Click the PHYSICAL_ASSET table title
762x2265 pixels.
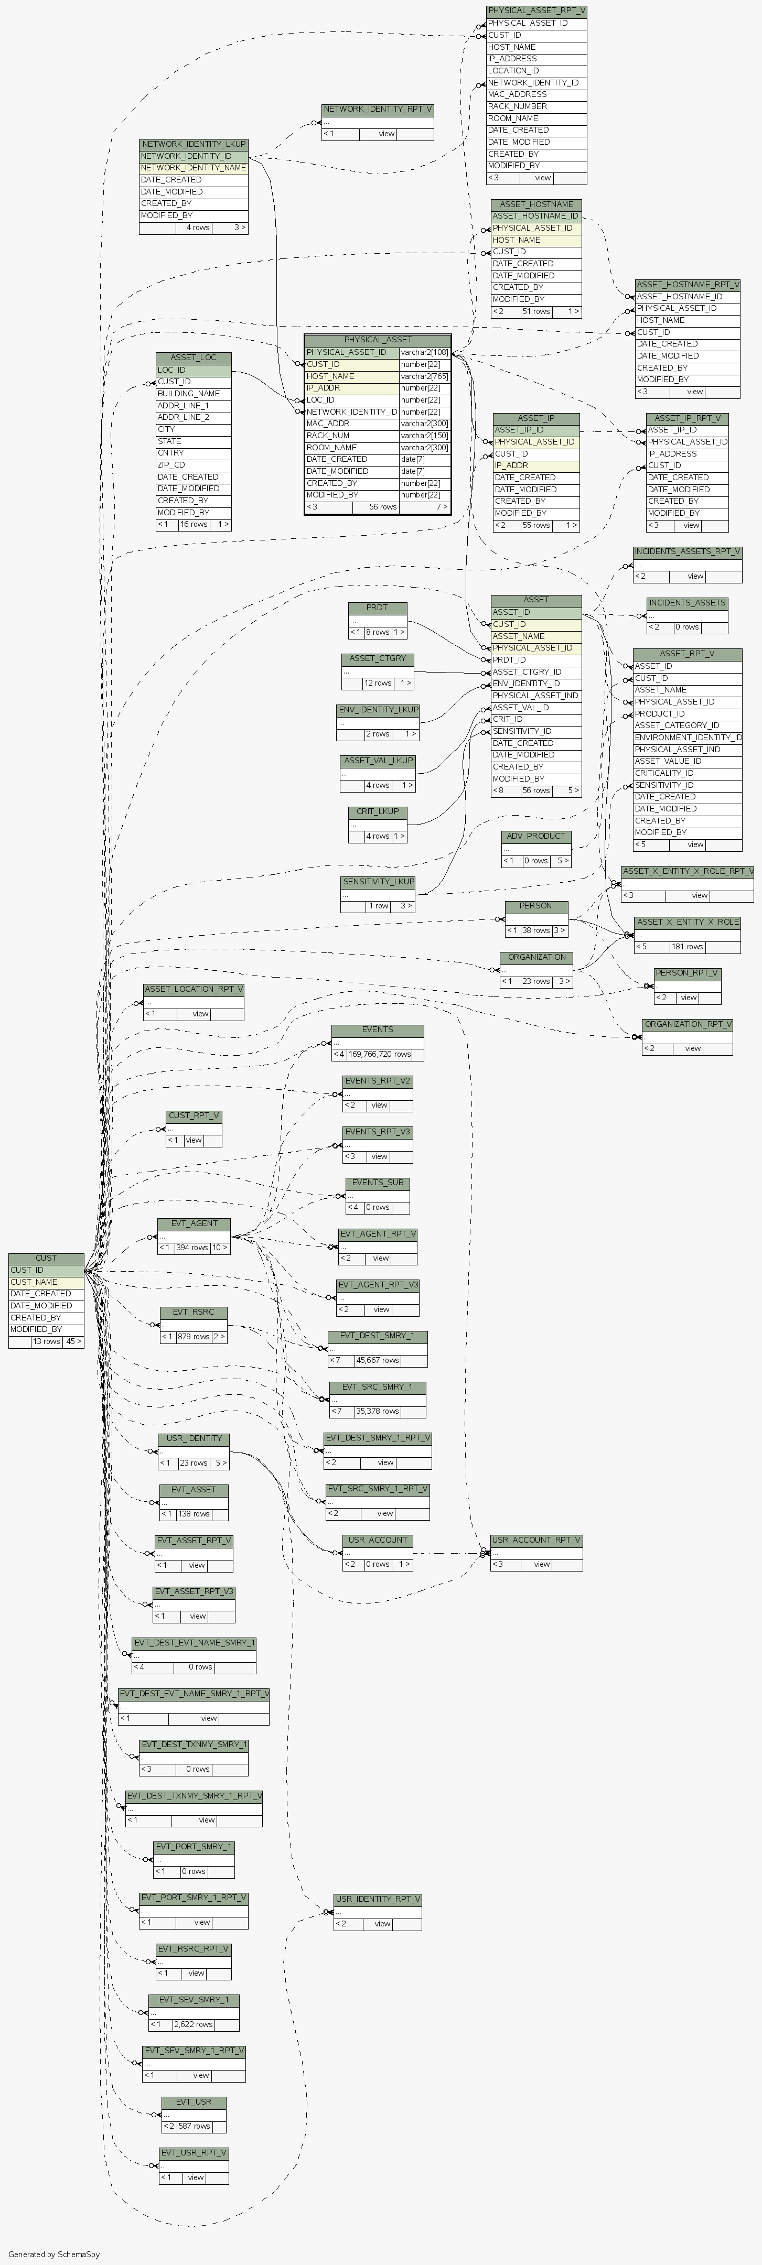(378, 339)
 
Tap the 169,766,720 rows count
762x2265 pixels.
(379, 1054)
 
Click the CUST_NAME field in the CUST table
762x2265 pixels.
(34, 1282)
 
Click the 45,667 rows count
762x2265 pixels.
(378, 1360)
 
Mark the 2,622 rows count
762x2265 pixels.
(194, 2024)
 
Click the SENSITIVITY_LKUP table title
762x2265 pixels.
(378, 881)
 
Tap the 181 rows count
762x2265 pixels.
(687, 947)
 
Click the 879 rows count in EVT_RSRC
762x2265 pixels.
(194, 1337)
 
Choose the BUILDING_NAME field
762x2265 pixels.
(188, 394)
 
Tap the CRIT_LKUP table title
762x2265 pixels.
(378, 811)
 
